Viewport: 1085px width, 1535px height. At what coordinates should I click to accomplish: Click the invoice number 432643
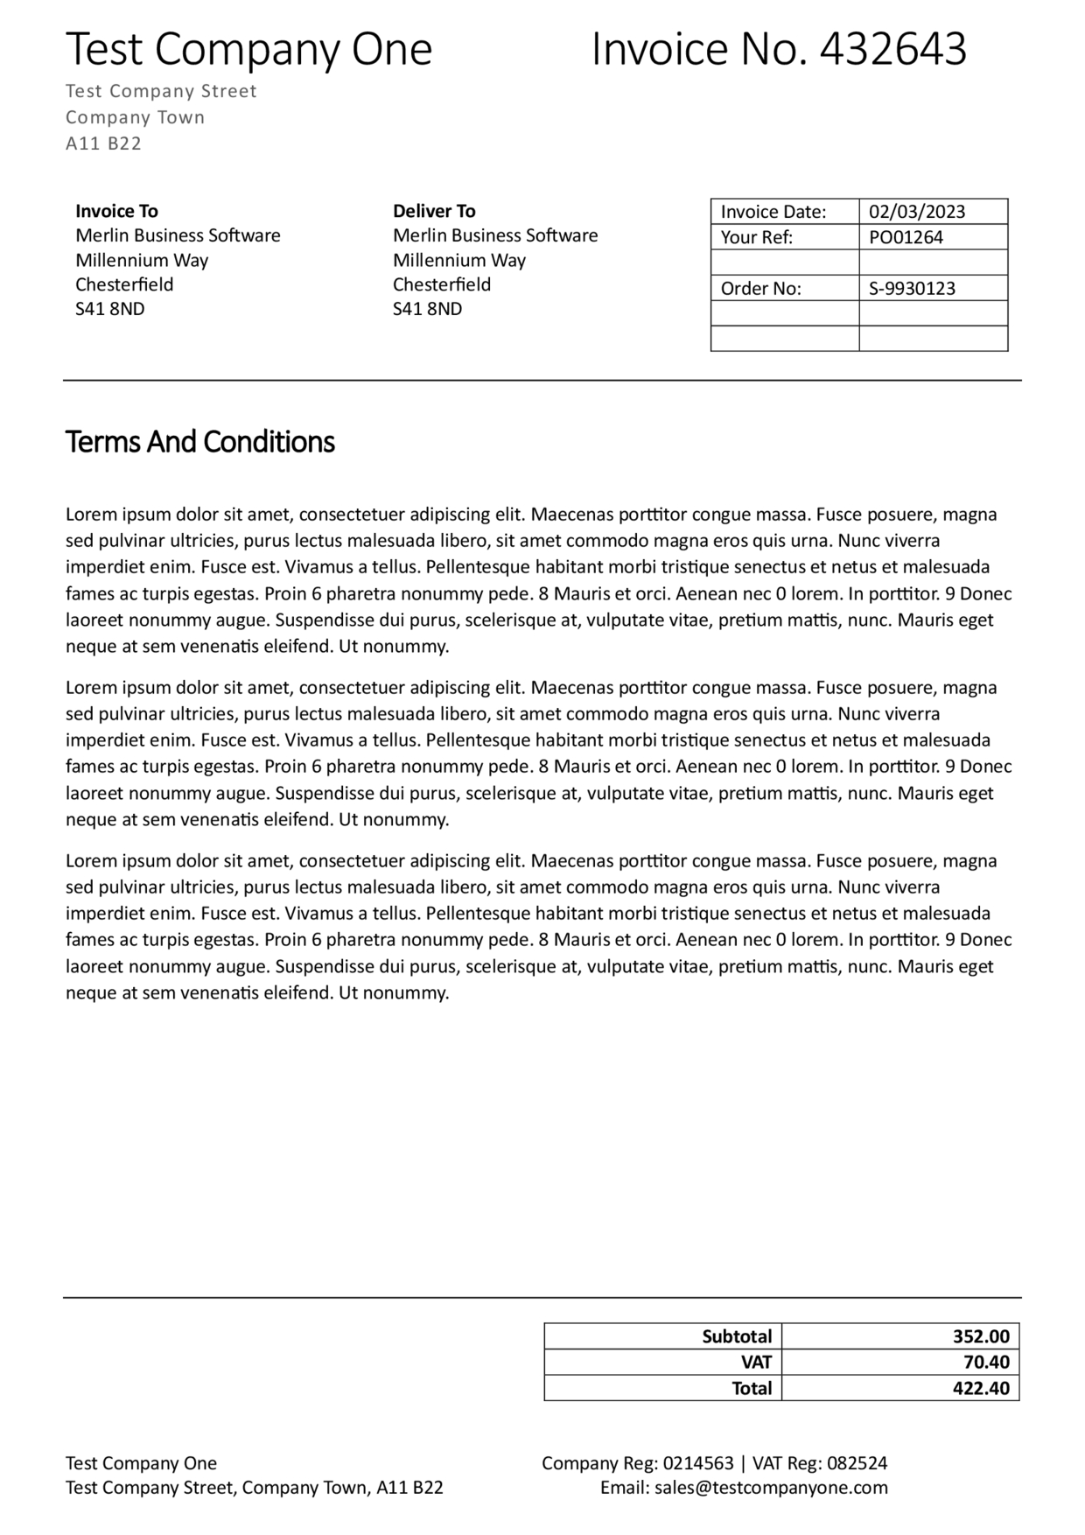coord(892,49)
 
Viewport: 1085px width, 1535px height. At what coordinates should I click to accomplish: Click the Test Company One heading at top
coord(248,49)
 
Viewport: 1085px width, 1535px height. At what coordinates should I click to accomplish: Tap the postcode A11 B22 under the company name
coord(103,144)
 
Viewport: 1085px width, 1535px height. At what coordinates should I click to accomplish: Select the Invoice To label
coord(116,211)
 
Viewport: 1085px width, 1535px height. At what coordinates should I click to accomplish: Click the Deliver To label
coord(434,211)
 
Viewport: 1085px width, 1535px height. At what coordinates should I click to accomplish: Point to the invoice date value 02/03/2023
coord(917,212)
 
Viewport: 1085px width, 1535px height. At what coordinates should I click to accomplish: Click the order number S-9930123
coord(912,289)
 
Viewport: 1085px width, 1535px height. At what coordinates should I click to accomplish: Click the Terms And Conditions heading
coord(199,442)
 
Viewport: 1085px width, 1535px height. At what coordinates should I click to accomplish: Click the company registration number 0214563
coord(698,1463)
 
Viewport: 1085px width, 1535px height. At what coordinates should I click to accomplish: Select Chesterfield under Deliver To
coord(442,284)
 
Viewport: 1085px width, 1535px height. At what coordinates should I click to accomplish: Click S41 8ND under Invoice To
coord(110,309)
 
